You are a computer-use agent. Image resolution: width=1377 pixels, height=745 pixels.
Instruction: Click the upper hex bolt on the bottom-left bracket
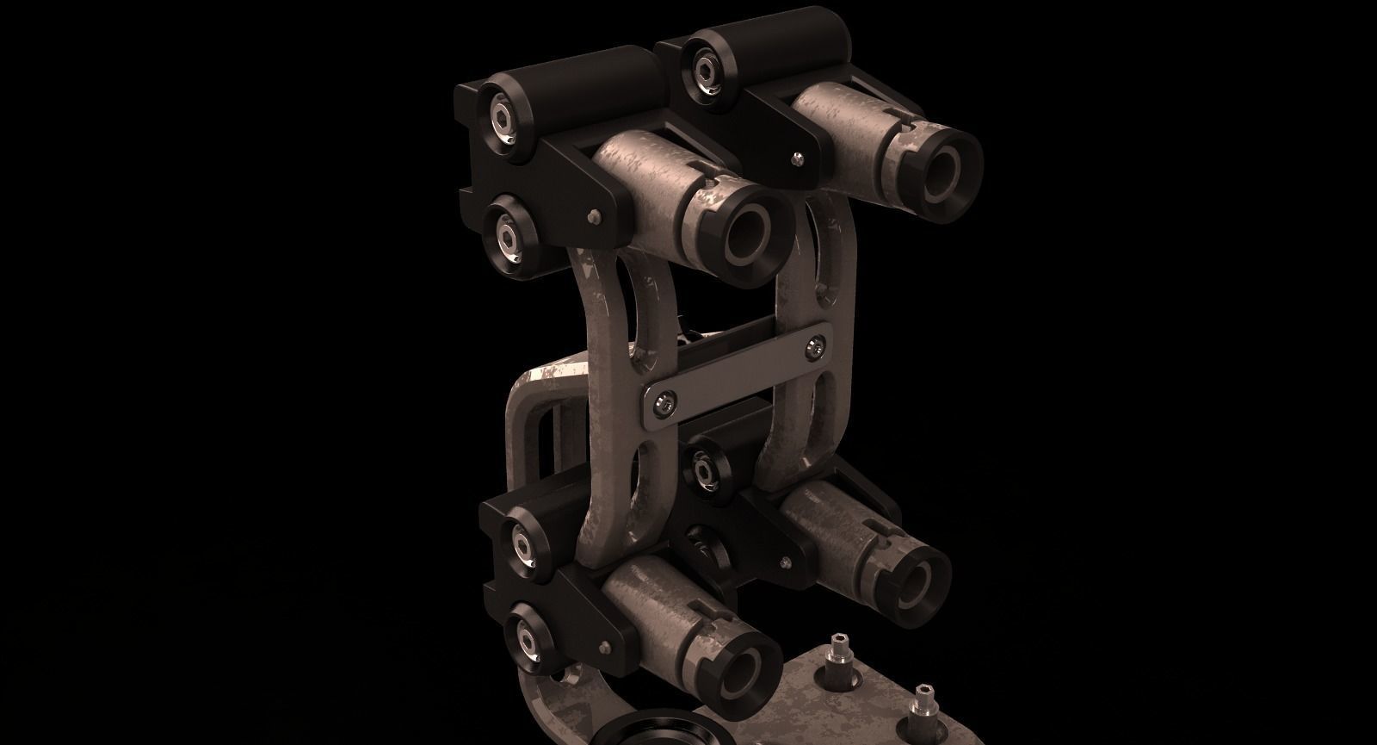point(526,542)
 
